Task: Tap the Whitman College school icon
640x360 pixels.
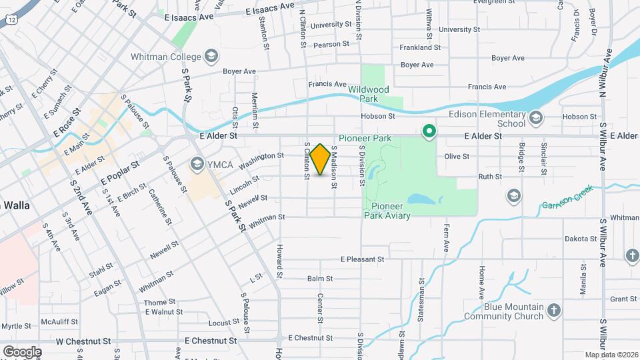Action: coord(212,55)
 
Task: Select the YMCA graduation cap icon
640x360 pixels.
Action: coord(197,163)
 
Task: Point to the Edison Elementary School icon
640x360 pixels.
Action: coord(535,119)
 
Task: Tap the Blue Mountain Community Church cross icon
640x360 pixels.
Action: coord(554,310)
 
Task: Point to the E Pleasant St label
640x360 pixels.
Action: coord(363,259)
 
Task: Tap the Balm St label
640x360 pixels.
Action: coord(320,279)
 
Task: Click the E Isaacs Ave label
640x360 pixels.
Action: coord(270,9)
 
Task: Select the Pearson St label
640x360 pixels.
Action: coord(332,44)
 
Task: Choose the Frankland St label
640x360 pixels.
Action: coord(420,47)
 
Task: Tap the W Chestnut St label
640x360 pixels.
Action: coord(83,341)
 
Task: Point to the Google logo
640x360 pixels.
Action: coord(22,351)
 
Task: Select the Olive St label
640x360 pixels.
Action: coord(457,157)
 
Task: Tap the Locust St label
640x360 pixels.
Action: coord(223,323)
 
